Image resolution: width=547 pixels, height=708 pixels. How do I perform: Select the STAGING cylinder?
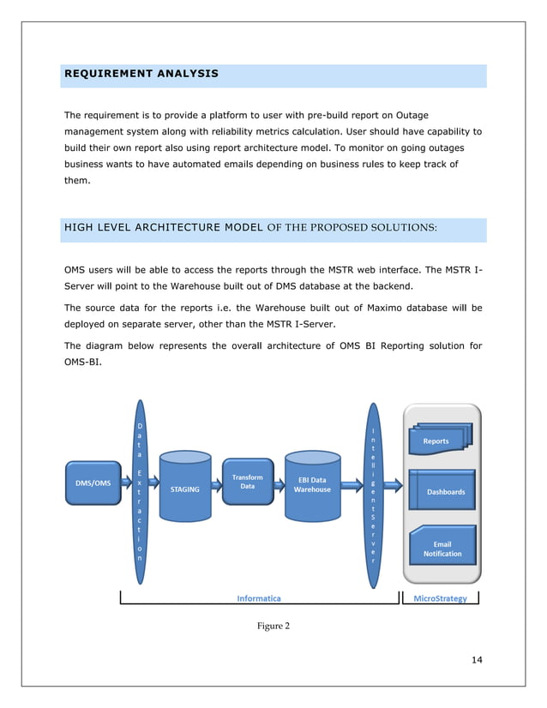(186, 487)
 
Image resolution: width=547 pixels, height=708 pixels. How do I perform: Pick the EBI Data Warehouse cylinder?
(312, 486)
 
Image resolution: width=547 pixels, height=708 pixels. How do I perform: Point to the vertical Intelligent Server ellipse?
(373, 496)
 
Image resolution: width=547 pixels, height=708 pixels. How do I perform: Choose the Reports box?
(437, 441)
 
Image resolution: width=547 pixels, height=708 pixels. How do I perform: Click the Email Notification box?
(442, 549)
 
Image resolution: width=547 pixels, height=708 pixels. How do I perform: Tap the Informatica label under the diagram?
(260, 598)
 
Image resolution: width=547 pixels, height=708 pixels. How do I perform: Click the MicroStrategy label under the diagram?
(440, 598)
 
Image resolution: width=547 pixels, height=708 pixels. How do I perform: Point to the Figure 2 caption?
(273, 626)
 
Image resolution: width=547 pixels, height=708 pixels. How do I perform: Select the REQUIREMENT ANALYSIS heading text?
(141, 75)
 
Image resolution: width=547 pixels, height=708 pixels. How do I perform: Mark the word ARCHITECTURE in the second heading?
(165, 228)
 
